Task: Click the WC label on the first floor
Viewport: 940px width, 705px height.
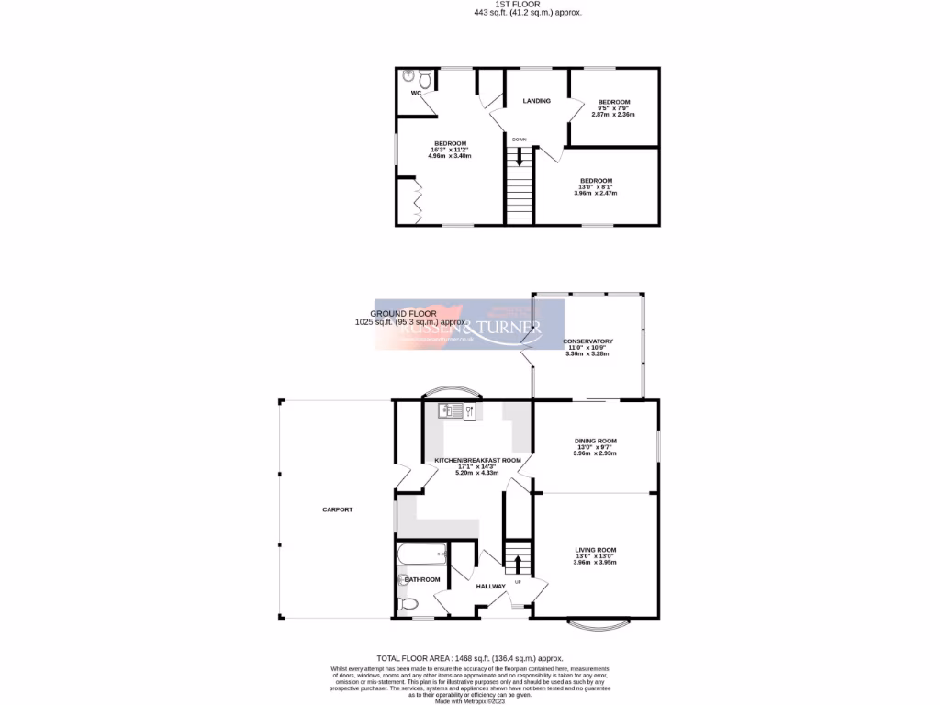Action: [416, 93]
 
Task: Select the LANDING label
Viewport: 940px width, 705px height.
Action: [536, 101]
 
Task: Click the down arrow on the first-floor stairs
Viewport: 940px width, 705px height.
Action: [519, 157]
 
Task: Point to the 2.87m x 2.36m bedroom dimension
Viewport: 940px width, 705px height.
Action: [613, 114]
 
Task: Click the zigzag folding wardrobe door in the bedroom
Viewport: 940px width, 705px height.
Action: [413, 201]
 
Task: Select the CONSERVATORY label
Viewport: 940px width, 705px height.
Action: [587, 341]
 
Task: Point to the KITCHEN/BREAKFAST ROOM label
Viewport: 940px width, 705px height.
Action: [477, 460]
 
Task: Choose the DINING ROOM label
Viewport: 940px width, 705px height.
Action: [595, 441]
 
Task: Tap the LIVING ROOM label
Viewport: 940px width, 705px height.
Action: [595, 550]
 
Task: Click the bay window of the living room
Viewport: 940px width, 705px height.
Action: [599, 627]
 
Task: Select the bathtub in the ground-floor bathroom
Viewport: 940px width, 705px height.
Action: [420, 554]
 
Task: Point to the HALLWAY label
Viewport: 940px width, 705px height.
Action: [490, 586]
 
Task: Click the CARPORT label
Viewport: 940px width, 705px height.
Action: [337, 509]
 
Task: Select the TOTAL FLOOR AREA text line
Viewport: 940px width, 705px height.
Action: [469, 658]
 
